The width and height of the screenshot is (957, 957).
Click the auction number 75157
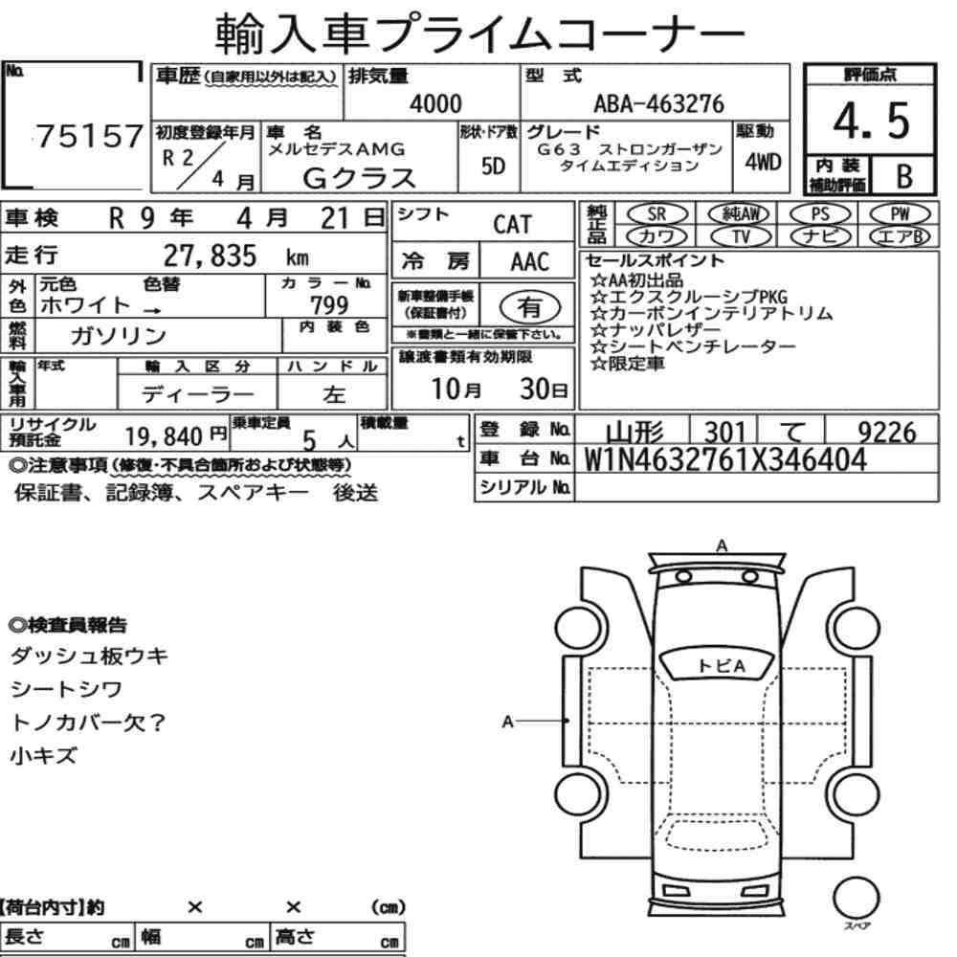tap(90, 136)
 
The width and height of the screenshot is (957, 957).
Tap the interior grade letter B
tap(904, 176)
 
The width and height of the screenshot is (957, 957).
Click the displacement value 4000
tap(435, 103)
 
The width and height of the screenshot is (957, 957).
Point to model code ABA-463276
tap(658, 103)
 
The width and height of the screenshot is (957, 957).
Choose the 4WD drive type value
tap(763, 163)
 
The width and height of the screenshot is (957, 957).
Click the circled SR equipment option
tap(657, 213)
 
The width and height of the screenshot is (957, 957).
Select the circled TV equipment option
tap(741, 236)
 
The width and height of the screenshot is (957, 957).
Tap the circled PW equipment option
tap(900, 213)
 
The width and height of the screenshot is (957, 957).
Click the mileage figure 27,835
tap(210, 256)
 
